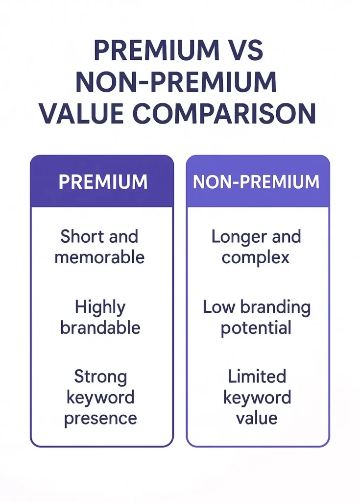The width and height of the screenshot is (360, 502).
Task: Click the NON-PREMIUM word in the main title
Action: (x=176, y=82)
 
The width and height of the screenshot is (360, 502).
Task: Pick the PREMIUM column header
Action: (x=103, y=182)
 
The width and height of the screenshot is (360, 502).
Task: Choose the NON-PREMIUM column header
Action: (x=256, y=182)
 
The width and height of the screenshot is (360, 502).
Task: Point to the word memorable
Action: (x=99, y=257)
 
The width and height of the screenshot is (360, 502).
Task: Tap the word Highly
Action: (x=100, y=308)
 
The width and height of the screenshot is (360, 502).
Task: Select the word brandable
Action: (x=100, y=327)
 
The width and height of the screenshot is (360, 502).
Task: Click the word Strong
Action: (x=100, y=377)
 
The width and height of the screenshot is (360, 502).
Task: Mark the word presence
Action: (x=100, y=418)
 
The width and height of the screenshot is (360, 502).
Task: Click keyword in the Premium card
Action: (x=100, y=398)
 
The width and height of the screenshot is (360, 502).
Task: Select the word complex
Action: (x=256, y=257)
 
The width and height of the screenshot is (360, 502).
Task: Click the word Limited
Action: (x=257, y=377)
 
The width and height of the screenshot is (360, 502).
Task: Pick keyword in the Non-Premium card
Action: (x=257, y=398)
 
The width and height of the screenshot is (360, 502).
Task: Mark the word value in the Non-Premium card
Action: (x=257, y=418)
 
